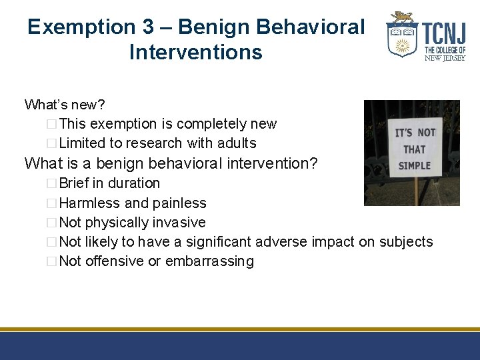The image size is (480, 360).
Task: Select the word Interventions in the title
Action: point(196,52)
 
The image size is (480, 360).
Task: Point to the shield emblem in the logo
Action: point(402,39)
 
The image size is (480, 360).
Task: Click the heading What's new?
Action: point(64,105)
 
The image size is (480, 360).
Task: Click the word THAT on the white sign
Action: point(414,149)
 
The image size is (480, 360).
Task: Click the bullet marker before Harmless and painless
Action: point(53,203)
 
